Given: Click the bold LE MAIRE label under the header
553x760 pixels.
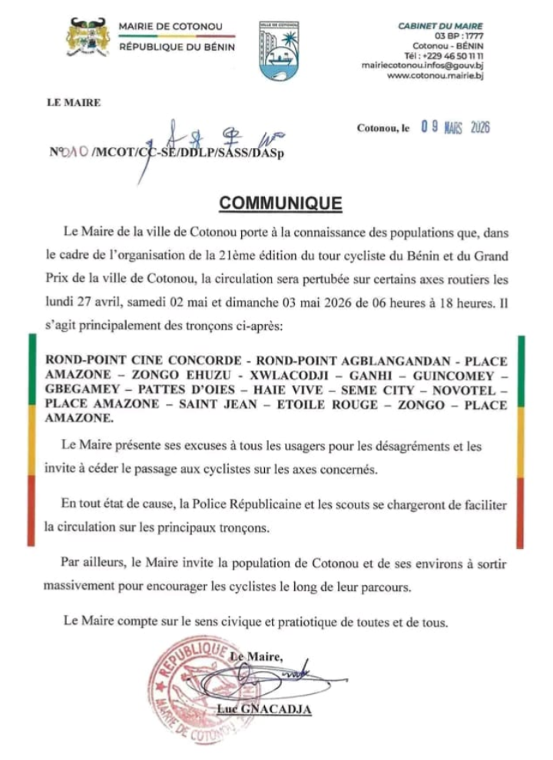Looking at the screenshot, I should click(74, 101).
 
